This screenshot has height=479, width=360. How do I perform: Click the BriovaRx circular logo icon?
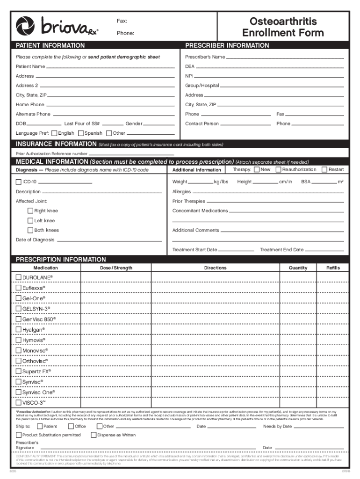[25, 26]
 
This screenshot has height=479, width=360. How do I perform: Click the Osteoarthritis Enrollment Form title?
[283, 27]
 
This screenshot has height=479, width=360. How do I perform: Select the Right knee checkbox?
[30, 211]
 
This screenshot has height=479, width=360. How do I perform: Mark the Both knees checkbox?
[30, 230]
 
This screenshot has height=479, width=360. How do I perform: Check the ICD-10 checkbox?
[19, 181]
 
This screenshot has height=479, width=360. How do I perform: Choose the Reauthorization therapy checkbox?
[278, 169]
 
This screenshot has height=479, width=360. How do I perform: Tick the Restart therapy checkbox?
[324, 169]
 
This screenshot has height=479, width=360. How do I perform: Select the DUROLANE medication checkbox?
[19, 277]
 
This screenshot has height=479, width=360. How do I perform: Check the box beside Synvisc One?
[19, 392]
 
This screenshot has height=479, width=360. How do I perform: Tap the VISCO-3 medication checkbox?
[19, 402]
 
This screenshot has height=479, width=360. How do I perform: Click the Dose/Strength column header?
[116, 268]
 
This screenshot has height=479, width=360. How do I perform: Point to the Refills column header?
[333, 268]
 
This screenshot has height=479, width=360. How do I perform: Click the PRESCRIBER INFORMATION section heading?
[227, 46]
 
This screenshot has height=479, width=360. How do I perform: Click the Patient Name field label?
[30, 66]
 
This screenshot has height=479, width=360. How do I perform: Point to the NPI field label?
[189, 76]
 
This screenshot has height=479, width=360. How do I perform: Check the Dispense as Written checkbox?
[100, 435]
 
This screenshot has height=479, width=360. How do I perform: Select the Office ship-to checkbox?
[71, 426]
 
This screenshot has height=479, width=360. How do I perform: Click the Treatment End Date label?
[281, 250]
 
